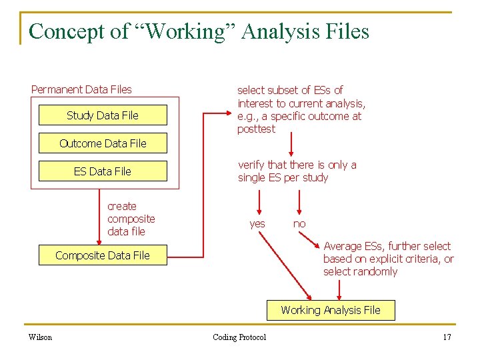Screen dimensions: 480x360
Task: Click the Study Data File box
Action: pos(103,115)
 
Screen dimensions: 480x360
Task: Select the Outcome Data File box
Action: pos(103,143)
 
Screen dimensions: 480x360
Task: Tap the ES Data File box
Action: pos(103,171)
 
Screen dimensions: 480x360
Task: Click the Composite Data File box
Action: pos(103,255)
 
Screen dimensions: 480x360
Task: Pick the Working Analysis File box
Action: pos(331,310)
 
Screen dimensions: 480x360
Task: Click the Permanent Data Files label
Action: pos(81,89)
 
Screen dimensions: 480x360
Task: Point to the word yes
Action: pos(257,224)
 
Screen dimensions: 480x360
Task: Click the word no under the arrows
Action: pos(299,224)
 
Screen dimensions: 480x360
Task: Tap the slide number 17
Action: pos(447,337)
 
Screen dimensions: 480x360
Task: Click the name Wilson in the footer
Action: pos(41,337)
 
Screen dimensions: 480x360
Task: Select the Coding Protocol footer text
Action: pos(239,337)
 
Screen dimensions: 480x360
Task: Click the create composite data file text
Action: pos(131,219)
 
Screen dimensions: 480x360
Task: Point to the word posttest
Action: pos(256,129)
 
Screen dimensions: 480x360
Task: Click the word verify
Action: pos(251,165)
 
